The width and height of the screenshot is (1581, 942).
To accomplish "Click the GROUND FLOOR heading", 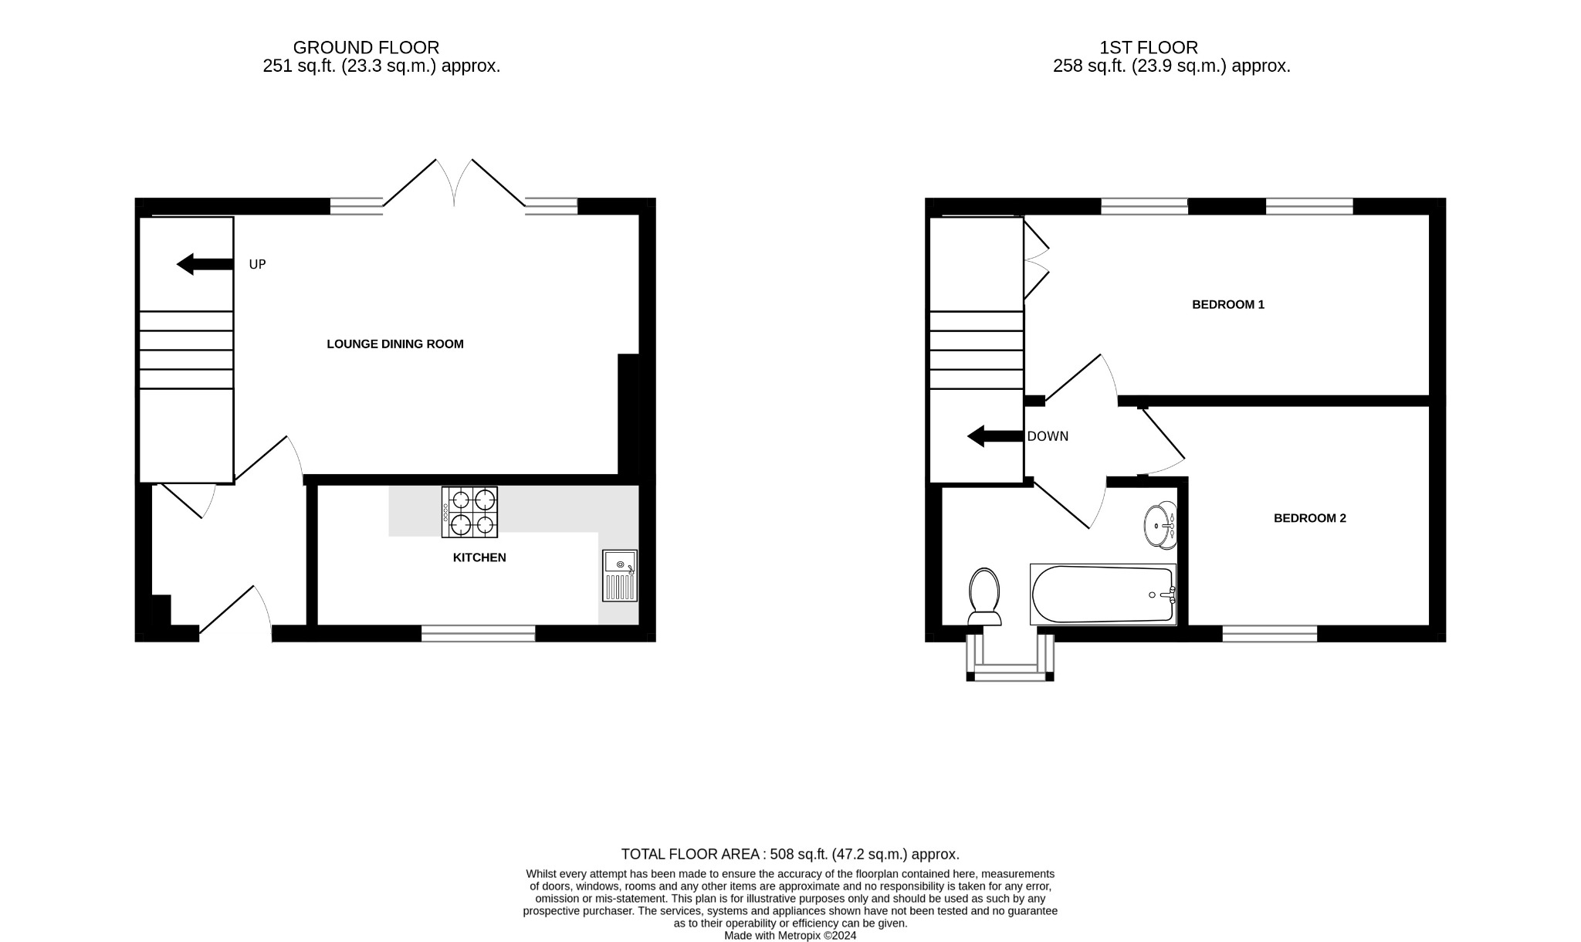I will [x=366, y=48].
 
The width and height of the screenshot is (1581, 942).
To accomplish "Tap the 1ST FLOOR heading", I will [x=1149, y=48].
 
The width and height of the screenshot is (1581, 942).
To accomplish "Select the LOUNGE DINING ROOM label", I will [x=395, y=344].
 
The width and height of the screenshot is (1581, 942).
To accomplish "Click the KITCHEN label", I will [x=479, y=557].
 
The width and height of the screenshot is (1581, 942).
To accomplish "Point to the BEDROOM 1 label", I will [x=1228, y=305].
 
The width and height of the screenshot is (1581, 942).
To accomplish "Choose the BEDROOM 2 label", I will [x=1309, y=518].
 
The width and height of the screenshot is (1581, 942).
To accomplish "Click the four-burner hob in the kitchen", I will [x=469, y=512].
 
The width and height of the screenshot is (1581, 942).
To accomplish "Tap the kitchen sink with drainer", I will [x=620, y=576].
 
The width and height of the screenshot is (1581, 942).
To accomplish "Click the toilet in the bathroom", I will [x=984, y=596].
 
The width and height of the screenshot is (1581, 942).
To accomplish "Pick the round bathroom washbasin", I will [x=1160, y=527].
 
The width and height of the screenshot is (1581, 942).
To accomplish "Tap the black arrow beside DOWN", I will [x=995, y=436].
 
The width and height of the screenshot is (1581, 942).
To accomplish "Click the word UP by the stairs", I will [x=257, y=265].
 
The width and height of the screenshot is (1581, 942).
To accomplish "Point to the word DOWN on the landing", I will [x=1048, y=437].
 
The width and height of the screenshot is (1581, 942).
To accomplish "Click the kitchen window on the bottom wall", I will [x=478, y=634].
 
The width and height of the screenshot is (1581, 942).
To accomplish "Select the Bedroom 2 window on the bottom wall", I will [x=1269, y=634].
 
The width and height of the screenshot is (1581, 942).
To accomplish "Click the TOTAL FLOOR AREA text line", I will [x=790, y=855].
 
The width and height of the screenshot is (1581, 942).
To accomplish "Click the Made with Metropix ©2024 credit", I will [x=790, y=936].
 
